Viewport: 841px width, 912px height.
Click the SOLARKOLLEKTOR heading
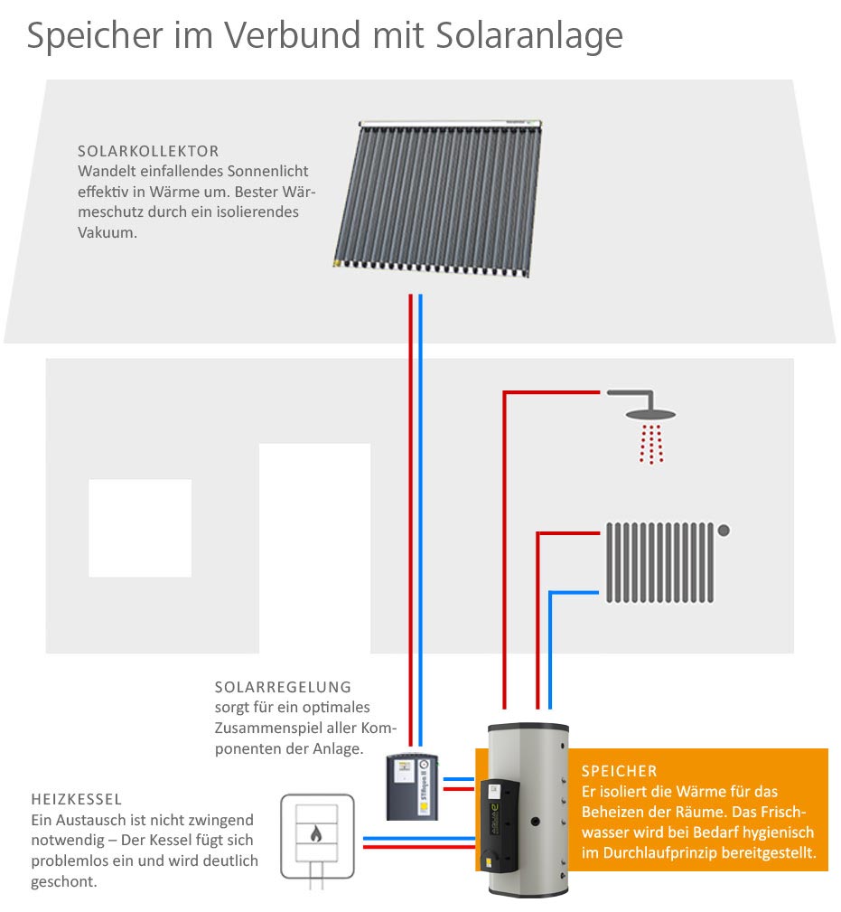click(x=148, y=151)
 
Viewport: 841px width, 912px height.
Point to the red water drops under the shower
click(x=651, y=444)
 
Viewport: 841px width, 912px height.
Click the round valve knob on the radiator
click(x=724, y=530)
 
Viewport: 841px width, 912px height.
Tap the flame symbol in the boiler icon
click(x=316, y=834)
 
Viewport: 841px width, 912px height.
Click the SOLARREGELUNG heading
click(x=283, y=688)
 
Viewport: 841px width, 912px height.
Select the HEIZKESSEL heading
click(x=77, y=800)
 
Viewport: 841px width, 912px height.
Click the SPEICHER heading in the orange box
click(x=620, y=771)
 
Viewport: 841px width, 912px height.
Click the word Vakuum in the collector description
click(x=107, y=231)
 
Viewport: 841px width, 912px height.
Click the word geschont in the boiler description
click(x=63, y=881)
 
